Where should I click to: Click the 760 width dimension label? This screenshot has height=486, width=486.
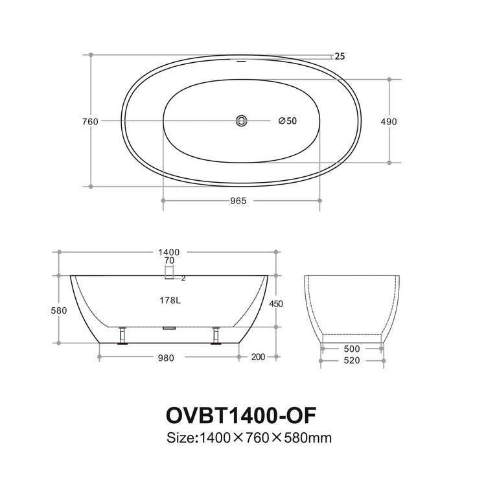pyautogui.click(x=90, y=121)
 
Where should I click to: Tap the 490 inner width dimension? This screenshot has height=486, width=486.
pyautogui.click(x=389, y=121)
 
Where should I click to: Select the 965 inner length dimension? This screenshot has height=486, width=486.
pyautogui.click(x=238, y=201)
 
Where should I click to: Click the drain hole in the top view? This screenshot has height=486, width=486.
pyautogui.click(x=242, y=121)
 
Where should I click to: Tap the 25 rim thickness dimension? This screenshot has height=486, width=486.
pyautogui.click(x=340, y=56)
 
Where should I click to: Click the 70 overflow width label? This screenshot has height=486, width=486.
pyautogui.click(x=169, y=260)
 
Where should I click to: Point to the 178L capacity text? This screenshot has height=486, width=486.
pyautogui.click(x=169, y=300)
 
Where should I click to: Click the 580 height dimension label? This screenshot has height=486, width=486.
pyautogui.click(x=59, y=310)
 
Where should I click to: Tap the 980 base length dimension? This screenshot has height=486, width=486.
pyautogui.click(x=168, y=357)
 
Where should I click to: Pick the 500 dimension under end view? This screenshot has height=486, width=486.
pyautogui.click(x=352, y=348)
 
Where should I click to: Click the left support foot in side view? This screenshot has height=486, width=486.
pyautogui.click(x=121, y=336)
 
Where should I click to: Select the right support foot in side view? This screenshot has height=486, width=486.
pyautogui.click(x=216, y=336)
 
